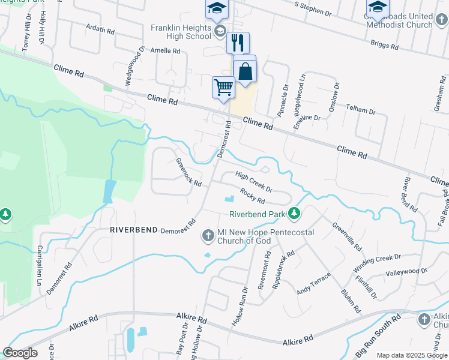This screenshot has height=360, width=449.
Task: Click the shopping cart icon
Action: point(223,87)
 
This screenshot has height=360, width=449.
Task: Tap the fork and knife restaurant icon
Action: point(238,43)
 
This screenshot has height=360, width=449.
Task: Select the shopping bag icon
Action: point(246,71)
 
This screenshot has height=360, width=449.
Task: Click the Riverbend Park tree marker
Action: point(294,213)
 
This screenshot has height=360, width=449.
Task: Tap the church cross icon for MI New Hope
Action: point(208,235)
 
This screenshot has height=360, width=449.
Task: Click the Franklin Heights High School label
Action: point(180,32)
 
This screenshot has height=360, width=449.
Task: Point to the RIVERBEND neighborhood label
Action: point(133,230)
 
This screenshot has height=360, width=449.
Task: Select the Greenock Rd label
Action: point(188,172)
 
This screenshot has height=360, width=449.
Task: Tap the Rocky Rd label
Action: point(252,195)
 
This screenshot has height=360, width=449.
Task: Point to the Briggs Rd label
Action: point(385,44)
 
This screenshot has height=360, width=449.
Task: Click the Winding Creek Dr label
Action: point(377,262)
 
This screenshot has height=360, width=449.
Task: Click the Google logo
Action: point(20,353)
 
